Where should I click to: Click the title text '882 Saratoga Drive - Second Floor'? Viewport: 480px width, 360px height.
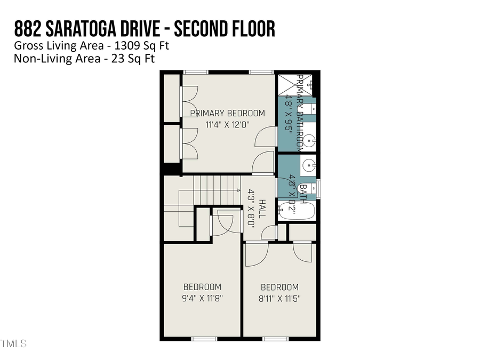pos(145,29)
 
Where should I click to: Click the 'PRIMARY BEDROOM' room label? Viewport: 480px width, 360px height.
pos(227,113)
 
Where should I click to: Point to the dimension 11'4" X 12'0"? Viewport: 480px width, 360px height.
pos(227,125)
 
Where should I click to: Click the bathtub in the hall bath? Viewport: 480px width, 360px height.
pos(297,210)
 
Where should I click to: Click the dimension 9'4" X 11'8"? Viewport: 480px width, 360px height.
pos(202,298)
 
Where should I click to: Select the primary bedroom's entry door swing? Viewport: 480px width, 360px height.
pos(261,163)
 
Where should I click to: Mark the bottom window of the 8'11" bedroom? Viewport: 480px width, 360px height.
pos(272,338)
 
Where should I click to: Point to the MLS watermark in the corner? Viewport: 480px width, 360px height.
pos(13,343)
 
